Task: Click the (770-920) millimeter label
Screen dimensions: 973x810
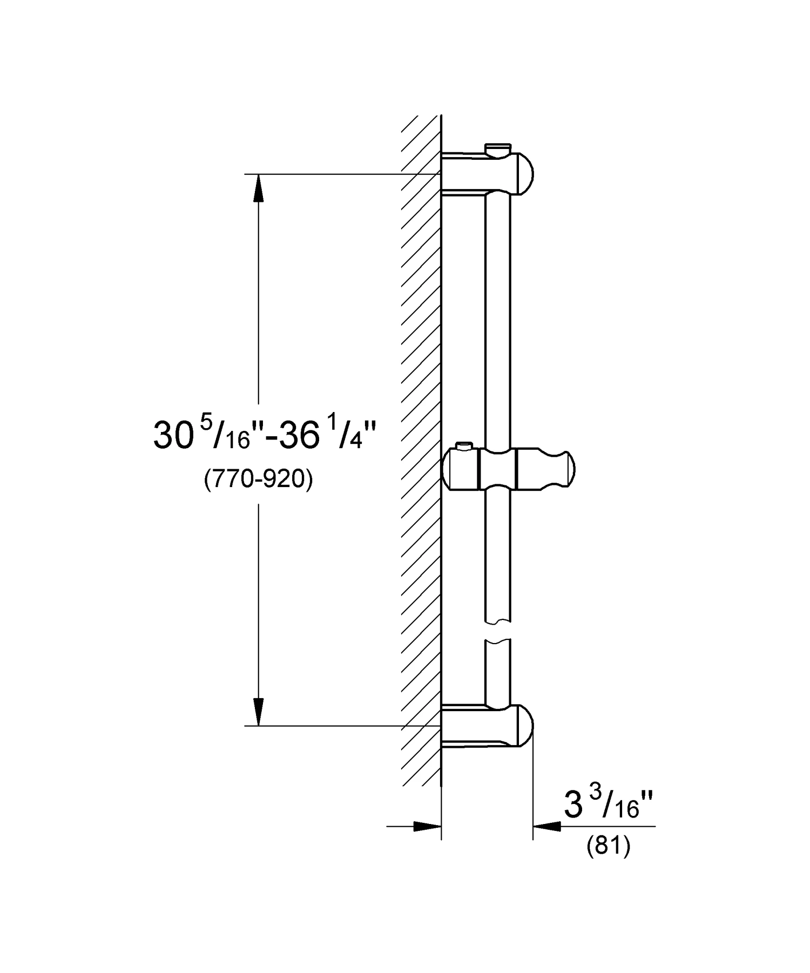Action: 259,478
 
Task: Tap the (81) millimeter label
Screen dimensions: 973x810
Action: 608,846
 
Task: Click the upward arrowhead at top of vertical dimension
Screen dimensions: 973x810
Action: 259,187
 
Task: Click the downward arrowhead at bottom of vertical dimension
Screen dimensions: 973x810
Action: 259,712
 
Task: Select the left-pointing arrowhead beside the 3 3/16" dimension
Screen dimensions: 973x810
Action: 546,826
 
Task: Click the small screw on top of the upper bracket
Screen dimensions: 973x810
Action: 497,147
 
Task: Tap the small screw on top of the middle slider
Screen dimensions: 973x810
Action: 464,445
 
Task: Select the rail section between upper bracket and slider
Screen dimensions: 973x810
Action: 497,319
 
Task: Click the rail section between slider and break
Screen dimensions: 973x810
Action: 497,556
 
